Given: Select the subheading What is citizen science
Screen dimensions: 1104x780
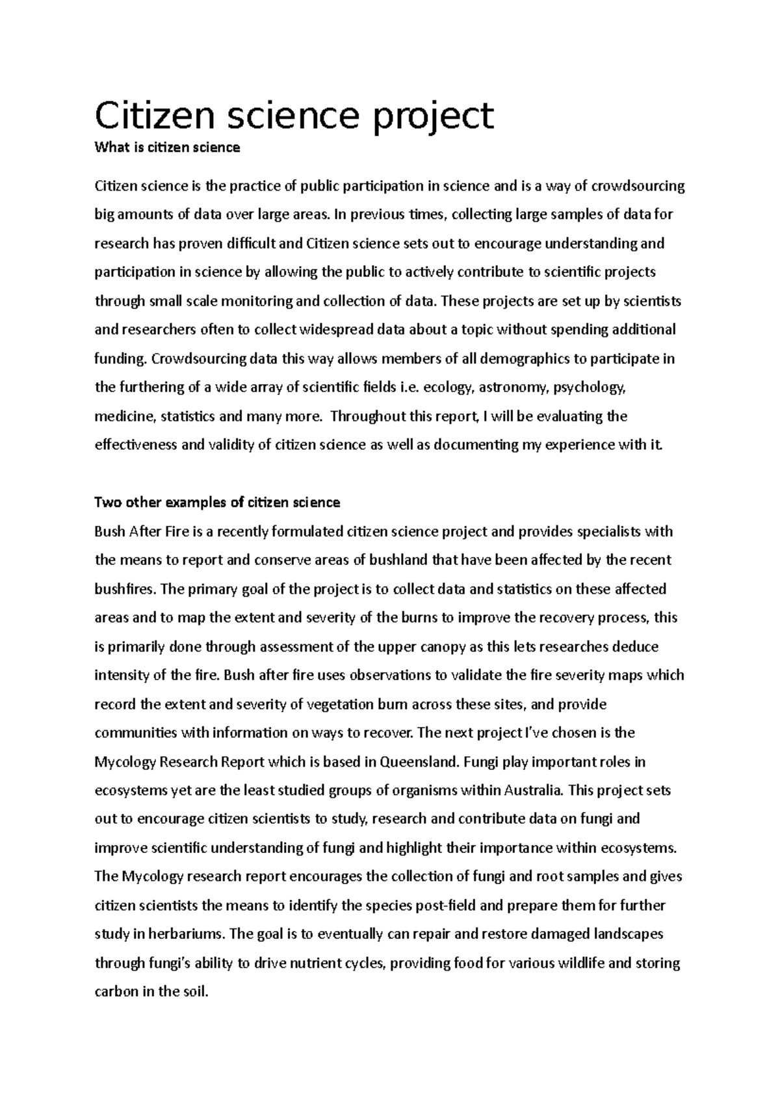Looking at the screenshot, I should pos(167,148).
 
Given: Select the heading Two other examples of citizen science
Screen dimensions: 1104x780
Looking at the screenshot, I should pos(217,503).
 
